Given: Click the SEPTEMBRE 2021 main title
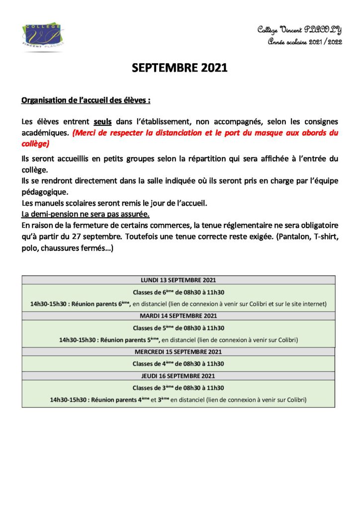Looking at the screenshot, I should coord(180,69).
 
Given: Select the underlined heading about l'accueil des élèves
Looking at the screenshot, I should coord(86,100).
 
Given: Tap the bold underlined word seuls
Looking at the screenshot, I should coord(102,122).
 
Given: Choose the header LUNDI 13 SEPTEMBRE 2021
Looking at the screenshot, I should coord(178,280).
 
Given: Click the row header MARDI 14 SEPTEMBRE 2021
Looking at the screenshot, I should coord(178,316).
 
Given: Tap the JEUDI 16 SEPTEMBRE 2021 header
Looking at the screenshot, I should coord(178,376).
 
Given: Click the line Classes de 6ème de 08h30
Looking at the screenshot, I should coord(178,292).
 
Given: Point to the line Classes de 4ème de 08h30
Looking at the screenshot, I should coord(178,364).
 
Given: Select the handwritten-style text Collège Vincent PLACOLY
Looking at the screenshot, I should coord(299,30).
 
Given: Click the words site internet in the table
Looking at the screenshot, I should coord(308,304).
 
